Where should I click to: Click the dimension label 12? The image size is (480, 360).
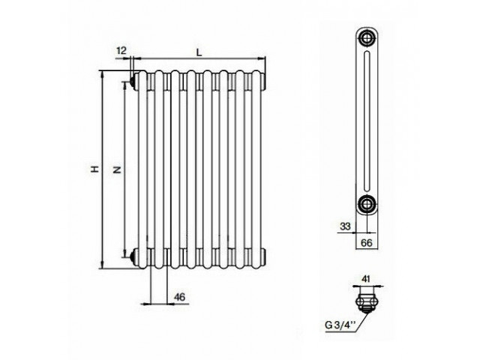pos(121,50)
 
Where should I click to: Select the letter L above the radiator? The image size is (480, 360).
pos(199,52)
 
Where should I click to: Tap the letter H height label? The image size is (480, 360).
pos(96,169)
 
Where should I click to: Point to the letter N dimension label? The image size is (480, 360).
pos(117,169)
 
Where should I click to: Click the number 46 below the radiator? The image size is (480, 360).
pos(179,297)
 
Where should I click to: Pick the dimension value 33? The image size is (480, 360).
pos(345,226)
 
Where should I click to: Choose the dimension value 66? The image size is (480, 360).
pos(367,243)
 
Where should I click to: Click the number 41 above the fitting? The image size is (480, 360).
pos(366,279)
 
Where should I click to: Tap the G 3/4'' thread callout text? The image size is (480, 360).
pos(340,325)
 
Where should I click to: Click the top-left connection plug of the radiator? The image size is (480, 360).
pos(133,82)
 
